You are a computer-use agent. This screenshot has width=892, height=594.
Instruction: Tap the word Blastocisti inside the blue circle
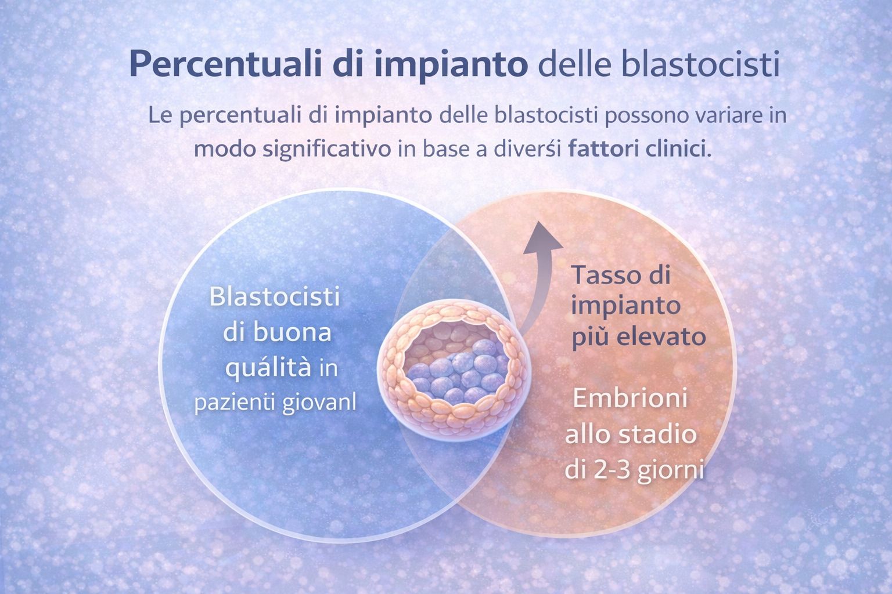tap(274, 298)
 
